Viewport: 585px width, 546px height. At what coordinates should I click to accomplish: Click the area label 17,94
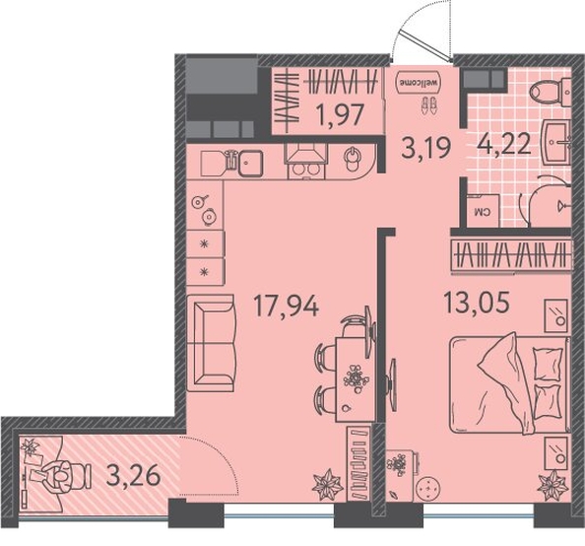287,306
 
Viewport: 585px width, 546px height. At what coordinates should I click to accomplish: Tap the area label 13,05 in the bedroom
477,303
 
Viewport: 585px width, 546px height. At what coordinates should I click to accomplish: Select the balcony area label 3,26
133,476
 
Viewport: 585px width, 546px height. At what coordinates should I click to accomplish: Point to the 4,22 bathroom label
503,145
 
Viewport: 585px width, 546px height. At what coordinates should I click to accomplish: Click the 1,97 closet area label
340,114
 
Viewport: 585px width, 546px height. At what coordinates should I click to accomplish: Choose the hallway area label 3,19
426,148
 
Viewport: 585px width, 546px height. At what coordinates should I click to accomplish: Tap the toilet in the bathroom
552,92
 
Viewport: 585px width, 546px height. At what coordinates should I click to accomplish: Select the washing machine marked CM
483,210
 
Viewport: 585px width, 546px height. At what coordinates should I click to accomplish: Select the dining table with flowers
354,378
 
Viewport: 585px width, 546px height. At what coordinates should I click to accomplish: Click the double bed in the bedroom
510,383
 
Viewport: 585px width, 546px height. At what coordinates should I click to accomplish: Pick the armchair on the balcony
62,476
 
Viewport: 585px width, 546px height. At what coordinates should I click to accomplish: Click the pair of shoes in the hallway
429,105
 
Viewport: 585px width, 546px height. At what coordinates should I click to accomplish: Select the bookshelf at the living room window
359,464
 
